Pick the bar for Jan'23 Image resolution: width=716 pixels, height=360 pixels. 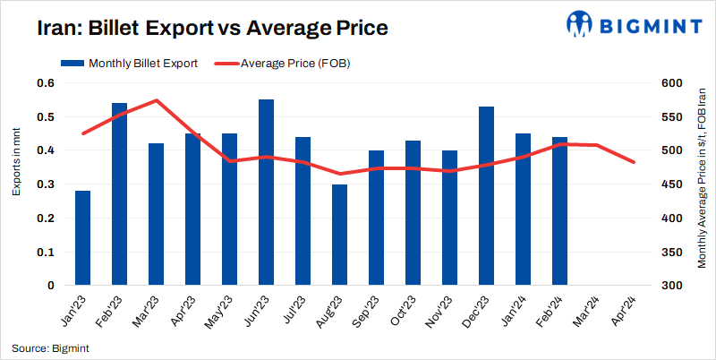click(83, 238)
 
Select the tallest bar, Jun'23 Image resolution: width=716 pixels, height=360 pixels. click(266, 193)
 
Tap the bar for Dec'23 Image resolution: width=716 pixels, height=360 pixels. click(487, 196)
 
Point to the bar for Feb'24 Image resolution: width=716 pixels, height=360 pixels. click(560, 211)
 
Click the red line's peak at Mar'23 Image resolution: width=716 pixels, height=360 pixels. click(157, 100)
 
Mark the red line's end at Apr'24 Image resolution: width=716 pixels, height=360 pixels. click(634, 162)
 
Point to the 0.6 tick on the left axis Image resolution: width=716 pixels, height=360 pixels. click(46, 83)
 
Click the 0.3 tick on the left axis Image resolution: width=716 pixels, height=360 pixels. click(46, 184)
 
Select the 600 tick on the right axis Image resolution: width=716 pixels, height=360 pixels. click(669, 83)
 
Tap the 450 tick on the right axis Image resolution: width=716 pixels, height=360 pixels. click(669, 184)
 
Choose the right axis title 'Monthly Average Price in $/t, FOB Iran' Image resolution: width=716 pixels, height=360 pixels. click(703, 184)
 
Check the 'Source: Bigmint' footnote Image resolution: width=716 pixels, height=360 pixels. click(50, 347)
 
